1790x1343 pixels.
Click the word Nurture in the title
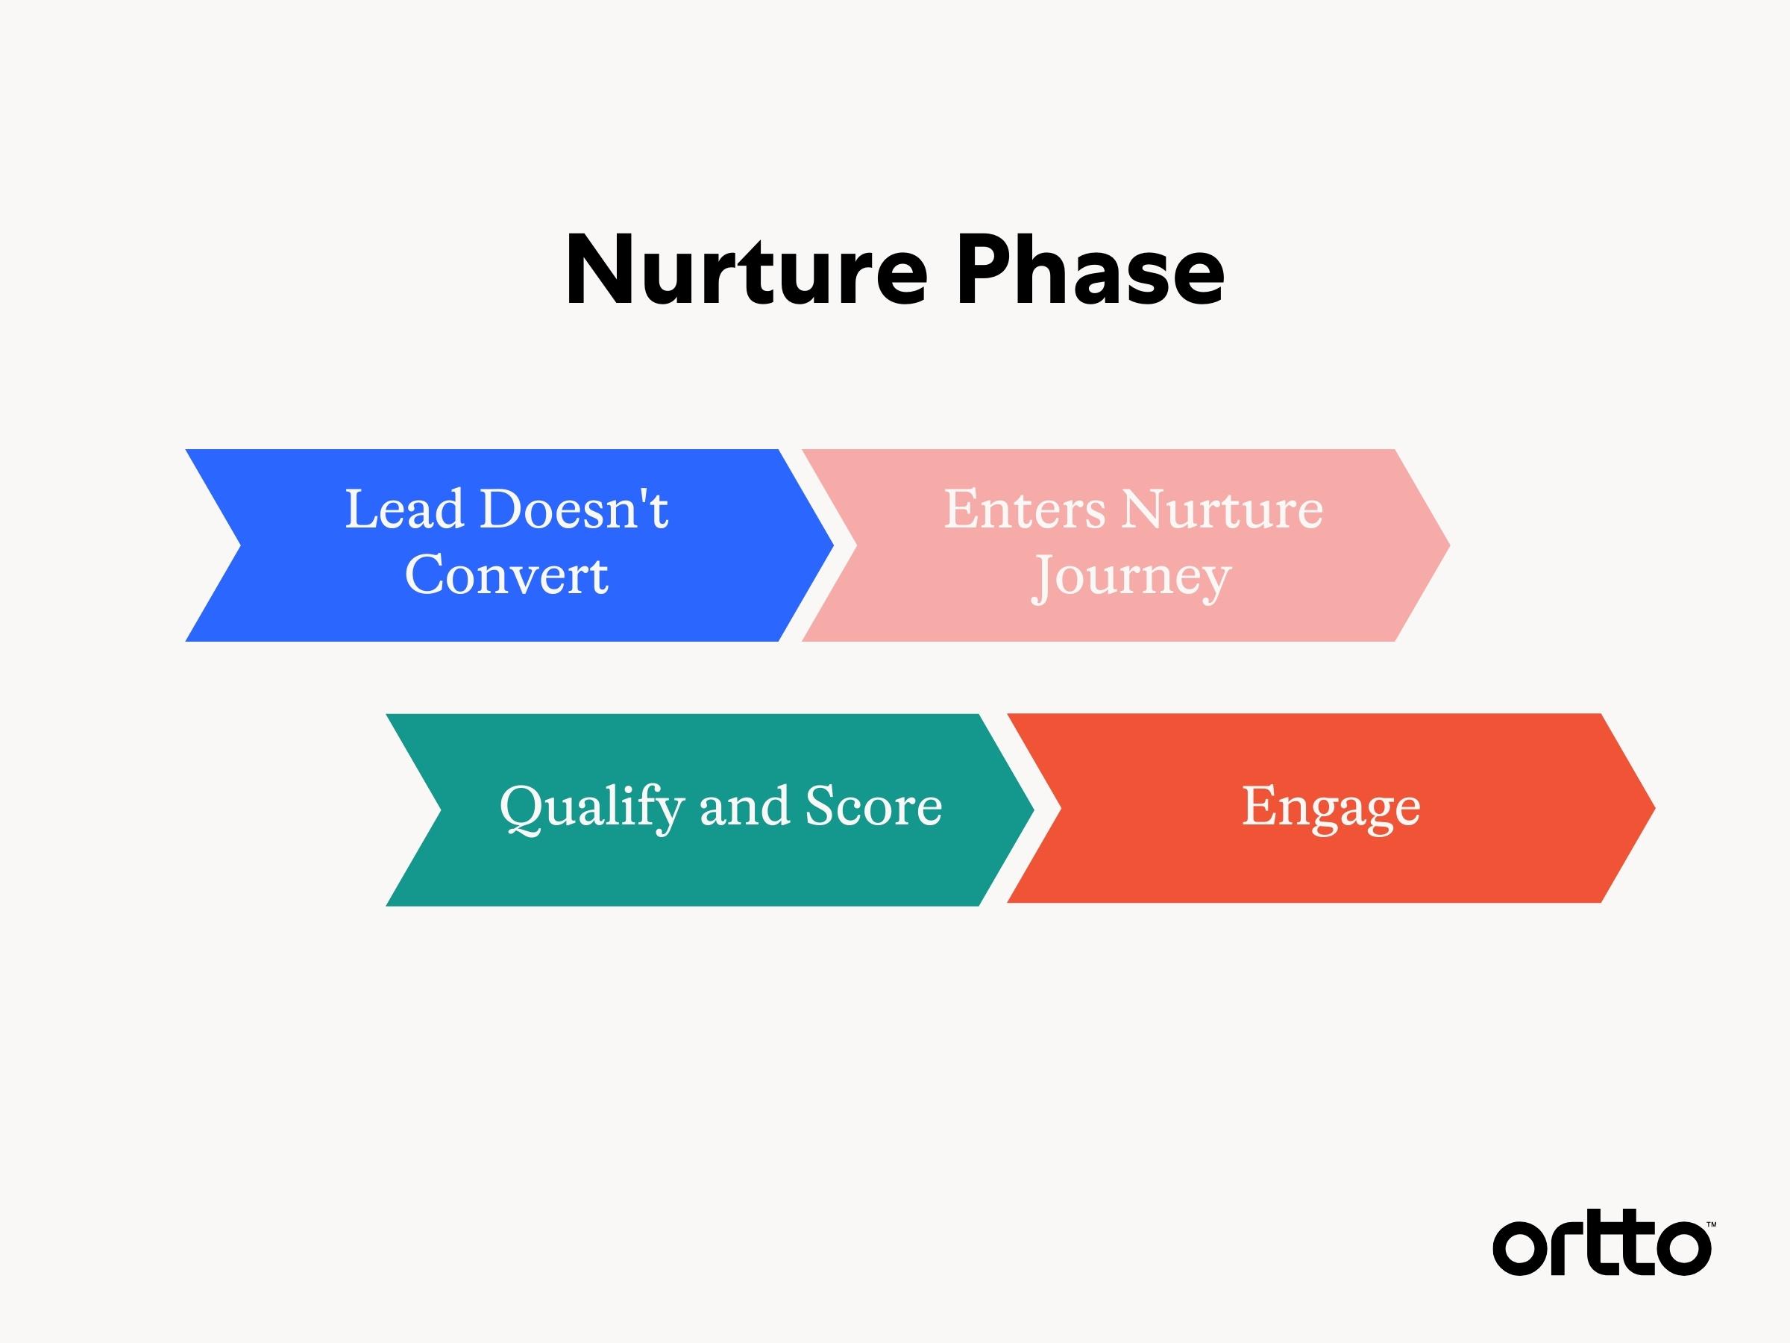click(x=745, y=270)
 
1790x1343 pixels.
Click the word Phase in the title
click(x=1089, y=270)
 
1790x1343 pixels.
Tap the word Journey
click(x=1131, y=578)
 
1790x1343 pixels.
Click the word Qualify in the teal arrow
click(x=591, y=807)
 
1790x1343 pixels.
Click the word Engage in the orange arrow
click(x=1331, y=807)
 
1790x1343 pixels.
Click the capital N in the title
click(x=600, y=270)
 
